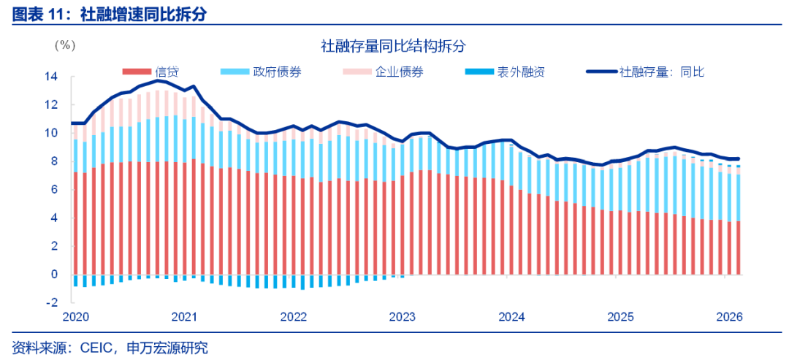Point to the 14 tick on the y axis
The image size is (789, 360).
click(x=50, y=76)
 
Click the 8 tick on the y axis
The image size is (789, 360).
click(x=53, y=161)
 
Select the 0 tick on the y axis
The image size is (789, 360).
click(x=53, y=275)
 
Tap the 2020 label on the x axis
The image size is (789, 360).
click(x=75, y=317)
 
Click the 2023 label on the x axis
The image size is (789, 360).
click(x=403, y=317)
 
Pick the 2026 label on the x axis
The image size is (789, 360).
click(x=729, y=317)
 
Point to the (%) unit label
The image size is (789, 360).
click(x=64, y=45)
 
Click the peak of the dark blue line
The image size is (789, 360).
click(x=158, y=81)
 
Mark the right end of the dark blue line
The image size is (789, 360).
click(x=739, y=158)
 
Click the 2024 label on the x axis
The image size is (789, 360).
click(x=511, y=317)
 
